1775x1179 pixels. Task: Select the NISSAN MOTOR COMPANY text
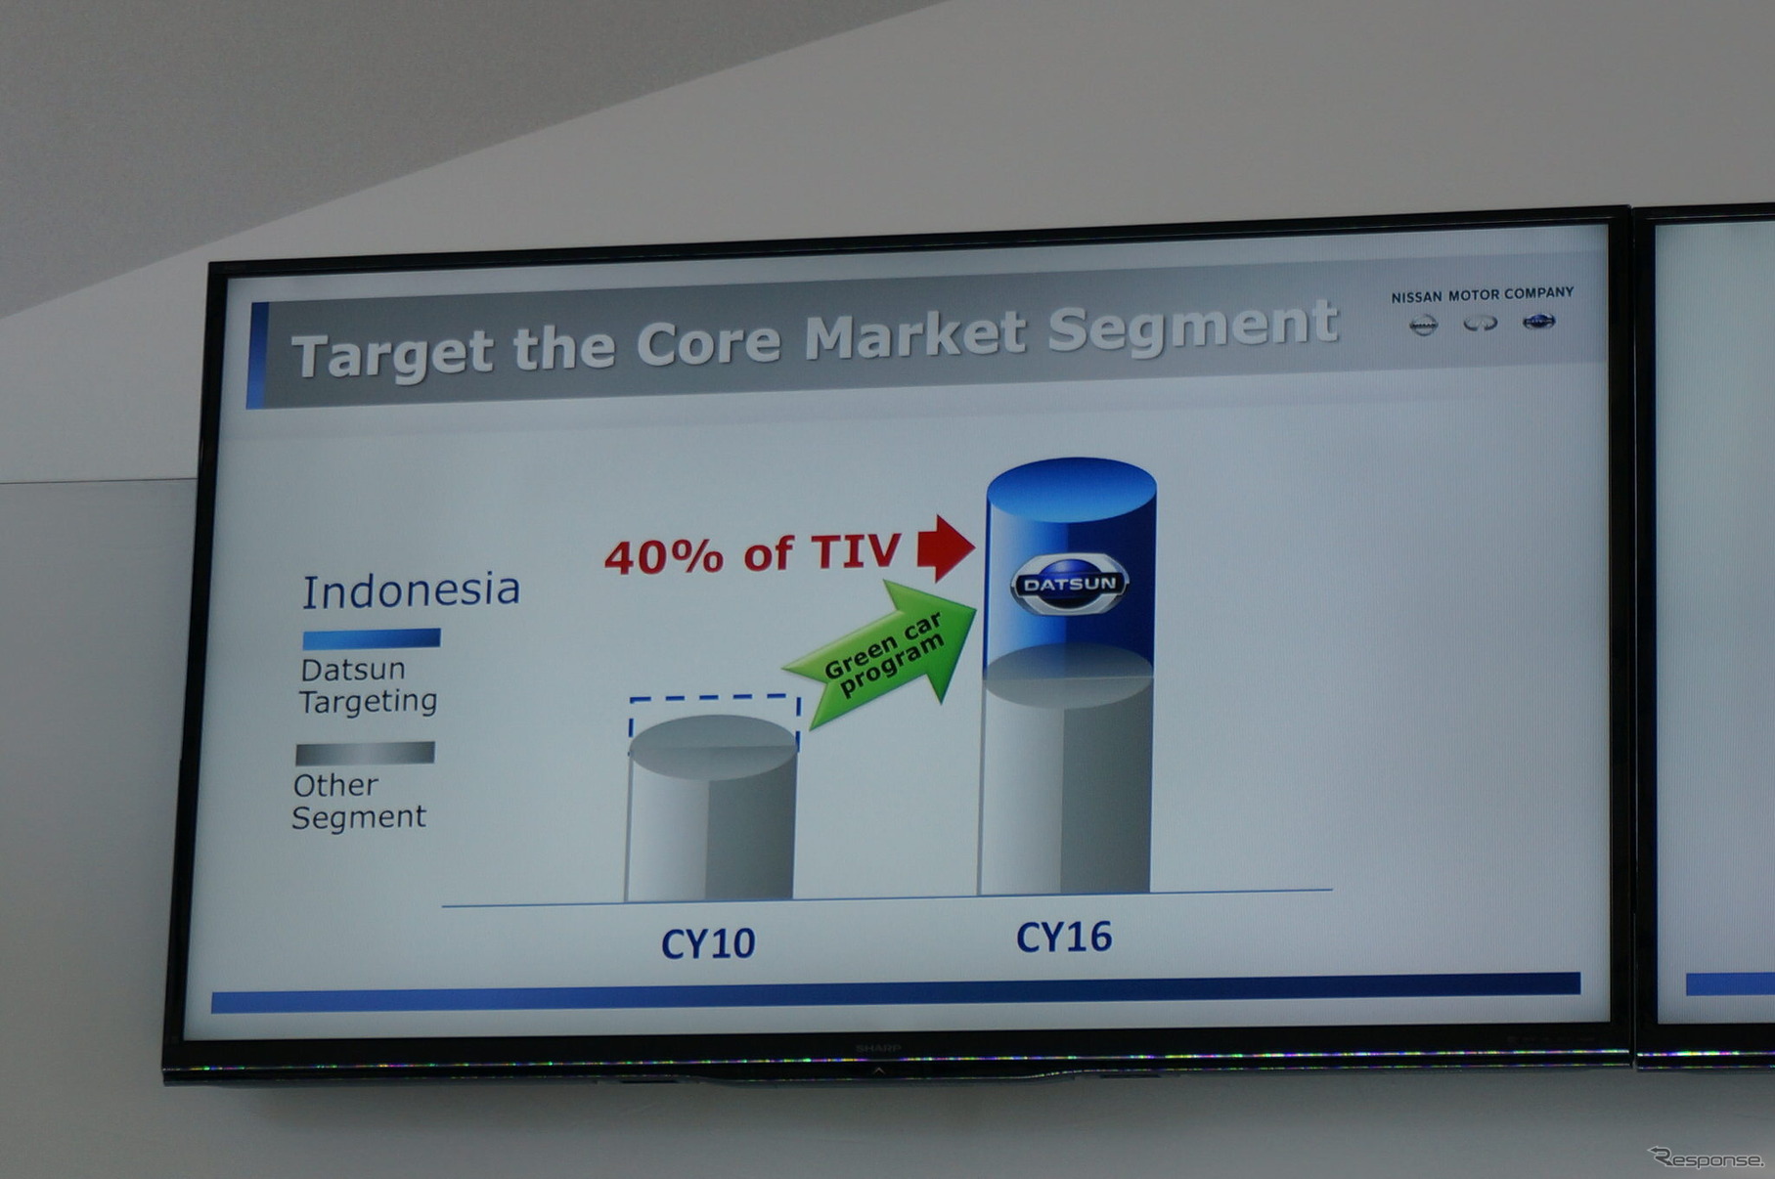point(1483,294)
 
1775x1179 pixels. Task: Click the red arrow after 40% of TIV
point(946,547)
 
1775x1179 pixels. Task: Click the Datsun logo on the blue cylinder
point(1069,584)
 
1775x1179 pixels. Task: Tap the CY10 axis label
point(708,943)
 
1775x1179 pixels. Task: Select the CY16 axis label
point(1064,937)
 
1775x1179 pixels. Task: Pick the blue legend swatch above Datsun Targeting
point(372,639)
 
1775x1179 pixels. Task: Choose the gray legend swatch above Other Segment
point(365,754)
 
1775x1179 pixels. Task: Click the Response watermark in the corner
point(1707,1158)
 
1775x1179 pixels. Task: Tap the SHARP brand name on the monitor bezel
point(878,1048)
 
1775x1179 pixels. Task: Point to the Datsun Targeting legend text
point(369,685)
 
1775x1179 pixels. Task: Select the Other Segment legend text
point(359,801)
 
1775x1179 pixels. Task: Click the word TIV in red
point(856,551)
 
